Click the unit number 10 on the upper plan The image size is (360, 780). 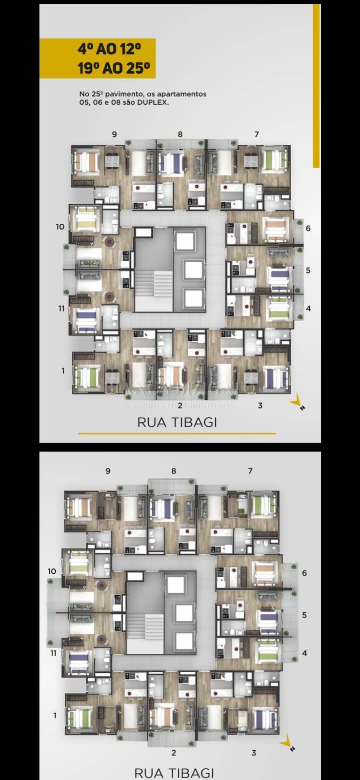click(60, 227)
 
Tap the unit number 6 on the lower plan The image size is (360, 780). click(304, 573)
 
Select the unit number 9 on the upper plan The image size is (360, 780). click(114, 134)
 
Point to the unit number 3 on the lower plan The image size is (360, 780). click(254, 753)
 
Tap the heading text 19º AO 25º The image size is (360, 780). click(113, 68)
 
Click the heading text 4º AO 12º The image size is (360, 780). click(109, 49)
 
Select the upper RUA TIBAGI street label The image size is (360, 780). click(177, 422)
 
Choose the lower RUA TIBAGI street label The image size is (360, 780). click(174, 773)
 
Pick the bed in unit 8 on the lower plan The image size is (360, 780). click(160, 507)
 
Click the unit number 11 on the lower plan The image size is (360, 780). click(53, 653)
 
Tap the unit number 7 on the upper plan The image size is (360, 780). click(257, 134)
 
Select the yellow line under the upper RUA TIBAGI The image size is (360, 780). click(177, 433)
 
